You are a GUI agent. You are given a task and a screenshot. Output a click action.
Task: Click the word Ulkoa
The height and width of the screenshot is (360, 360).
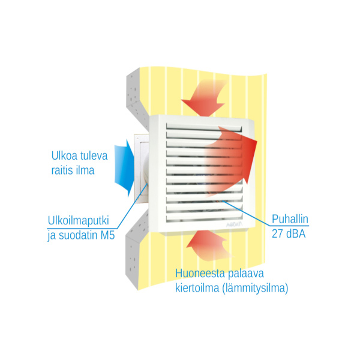pyautogui.click(x=64, y=155)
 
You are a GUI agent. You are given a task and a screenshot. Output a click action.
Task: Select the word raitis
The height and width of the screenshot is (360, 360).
pyautogui.click(x=61, y=170)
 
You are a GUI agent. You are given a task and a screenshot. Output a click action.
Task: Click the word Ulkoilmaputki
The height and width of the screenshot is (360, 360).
pyautogui.click(x=78, y=221)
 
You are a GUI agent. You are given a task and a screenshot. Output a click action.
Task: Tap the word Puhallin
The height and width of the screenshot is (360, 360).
pyautogui.click(x=290, y=219)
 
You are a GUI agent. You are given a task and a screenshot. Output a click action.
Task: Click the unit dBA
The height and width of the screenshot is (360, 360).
pyautogui.click(x=296, y=233)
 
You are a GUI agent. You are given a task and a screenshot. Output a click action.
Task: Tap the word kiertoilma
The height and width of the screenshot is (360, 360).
pyautogui.click(x=197, y=288)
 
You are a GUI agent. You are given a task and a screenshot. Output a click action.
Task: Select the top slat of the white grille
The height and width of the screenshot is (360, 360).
pyautogui.click(x=204, y=127)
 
